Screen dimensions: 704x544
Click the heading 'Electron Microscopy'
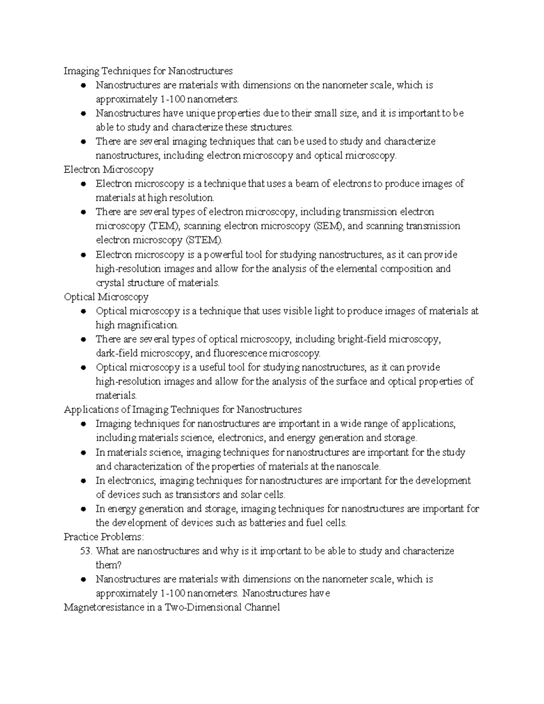(x=108, y=170)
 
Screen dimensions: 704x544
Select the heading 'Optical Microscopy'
(x=106, y=297)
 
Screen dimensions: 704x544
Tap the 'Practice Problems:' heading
(x=104, y=537)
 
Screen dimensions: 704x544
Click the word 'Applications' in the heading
(x=91, y=410)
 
